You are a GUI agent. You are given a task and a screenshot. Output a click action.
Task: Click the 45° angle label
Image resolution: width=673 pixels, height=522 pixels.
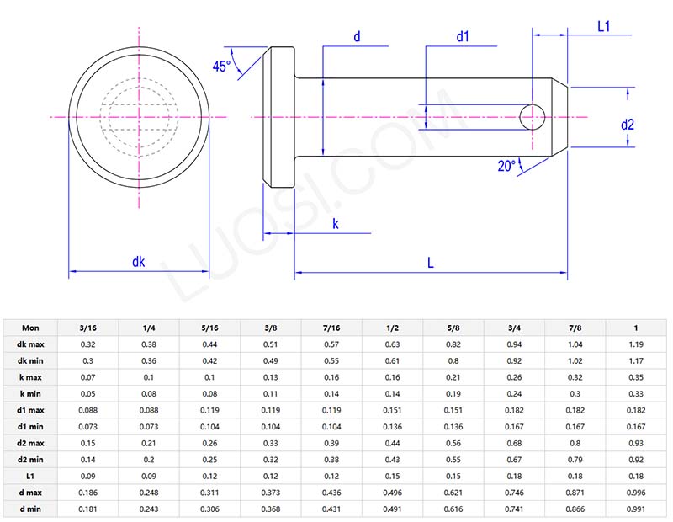[x=221, y=67]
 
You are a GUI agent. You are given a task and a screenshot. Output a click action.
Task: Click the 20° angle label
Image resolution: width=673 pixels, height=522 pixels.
[x=507, y=166]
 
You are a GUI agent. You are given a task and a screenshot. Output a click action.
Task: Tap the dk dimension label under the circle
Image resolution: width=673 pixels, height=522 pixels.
[x=139, y=262]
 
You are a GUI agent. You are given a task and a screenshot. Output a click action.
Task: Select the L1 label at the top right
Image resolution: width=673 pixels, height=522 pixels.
[x=603, y=26]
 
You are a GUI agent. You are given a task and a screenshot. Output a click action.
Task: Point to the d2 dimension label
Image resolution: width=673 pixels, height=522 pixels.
[x=628, y=125]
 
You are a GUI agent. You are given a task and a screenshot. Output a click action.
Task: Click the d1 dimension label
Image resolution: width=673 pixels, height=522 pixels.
[x=463, y=36]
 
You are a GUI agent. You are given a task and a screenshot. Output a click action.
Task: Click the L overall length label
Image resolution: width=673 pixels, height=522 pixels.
[x=430, y=263]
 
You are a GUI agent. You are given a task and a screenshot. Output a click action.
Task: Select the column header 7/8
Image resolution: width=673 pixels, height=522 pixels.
[x=575, y=328]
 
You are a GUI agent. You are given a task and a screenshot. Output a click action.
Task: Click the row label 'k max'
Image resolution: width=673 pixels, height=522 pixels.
[x=30, y=378]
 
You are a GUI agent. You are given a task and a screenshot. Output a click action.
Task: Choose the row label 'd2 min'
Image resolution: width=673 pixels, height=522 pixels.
[x=30, y=460]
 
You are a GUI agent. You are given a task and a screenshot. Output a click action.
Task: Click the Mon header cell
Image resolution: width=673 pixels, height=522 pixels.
[x=30, y=328]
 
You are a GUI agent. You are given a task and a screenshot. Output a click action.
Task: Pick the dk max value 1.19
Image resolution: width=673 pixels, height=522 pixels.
[x=637, y=344]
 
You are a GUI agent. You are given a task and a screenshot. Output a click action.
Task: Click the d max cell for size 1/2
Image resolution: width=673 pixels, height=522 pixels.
[x=393, y=493]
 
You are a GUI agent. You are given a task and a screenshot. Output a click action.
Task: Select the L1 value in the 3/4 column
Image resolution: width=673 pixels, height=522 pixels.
[x=515, y=477]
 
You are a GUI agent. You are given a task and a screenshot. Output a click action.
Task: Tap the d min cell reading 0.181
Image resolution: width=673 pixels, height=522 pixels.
[x=87, y=509]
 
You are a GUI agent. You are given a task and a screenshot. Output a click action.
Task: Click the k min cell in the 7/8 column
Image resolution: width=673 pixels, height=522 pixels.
[x=575, y=394]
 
